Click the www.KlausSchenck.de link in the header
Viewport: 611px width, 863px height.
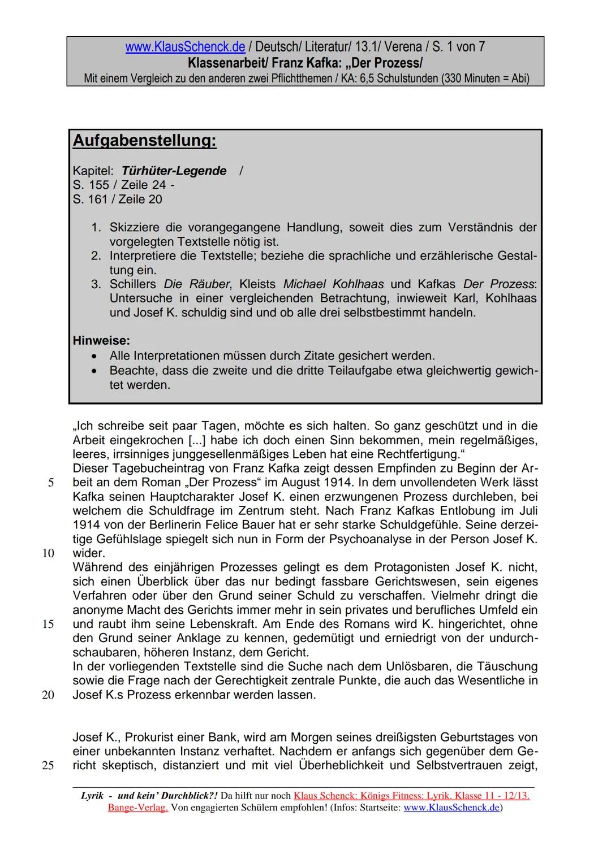tap(185, 47)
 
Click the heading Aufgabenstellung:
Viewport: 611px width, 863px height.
tap(144, 140)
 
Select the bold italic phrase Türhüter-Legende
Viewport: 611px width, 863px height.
tap(174, 171)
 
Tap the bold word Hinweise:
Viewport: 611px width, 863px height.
tap(101, 341)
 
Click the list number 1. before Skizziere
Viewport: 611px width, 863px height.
tap(96, 227)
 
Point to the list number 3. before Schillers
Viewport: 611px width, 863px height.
tap(96, 284)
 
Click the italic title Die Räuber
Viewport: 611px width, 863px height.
tap(197, 284)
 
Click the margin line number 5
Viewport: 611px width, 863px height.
tap(51, 483)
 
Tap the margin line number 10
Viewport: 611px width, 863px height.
tap(48, 553)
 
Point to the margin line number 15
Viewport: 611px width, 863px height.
tap(48, 624)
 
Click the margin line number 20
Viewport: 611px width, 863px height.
tap(48, 695)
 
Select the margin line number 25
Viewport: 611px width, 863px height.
tap(48, 766)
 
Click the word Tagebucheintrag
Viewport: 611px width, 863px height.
tap(151, 468)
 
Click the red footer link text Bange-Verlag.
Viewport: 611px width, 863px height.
tap(137, 808)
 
